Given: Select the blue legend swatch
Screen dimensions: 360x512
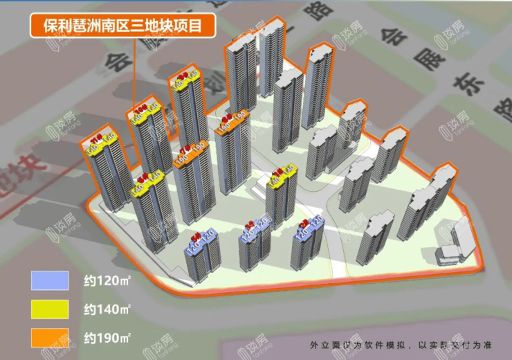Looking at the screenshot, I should (x=50, y=280).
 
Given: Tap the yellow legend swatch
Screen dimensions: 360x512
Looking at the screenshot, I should (x=50, y=309).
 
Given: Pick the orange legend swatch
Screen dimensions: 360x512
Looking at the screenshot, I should (x=50, y=337).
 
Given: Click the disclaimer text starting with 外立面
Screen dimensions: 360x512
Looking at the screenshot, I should (x=401, y=345).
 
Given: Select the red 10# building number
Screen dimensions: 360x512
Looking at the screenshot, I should (x=141, y=109).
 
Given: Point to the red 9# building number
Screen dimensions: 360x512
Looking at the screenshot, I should (x=183, y=76).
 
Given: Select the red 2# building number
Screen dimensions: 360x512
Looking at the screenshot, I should (x=305, y=223).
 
